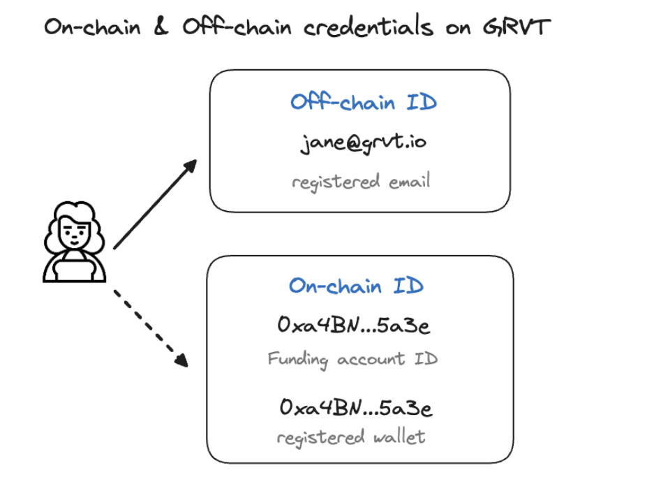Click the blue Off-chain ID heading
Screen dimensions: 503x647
(363, 103)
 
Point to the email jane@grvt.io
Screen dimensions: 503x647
(363, 143)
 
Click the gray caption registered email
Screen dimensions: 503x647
(361, 182)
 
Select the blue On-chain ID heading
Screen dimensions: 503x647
(356, 286)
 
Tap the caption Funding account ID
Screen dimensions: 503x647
(352, 360)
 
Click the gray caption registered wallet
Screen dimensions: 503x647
(351, 438)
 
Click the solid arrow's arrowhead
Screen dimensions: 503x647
(190, 165)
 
